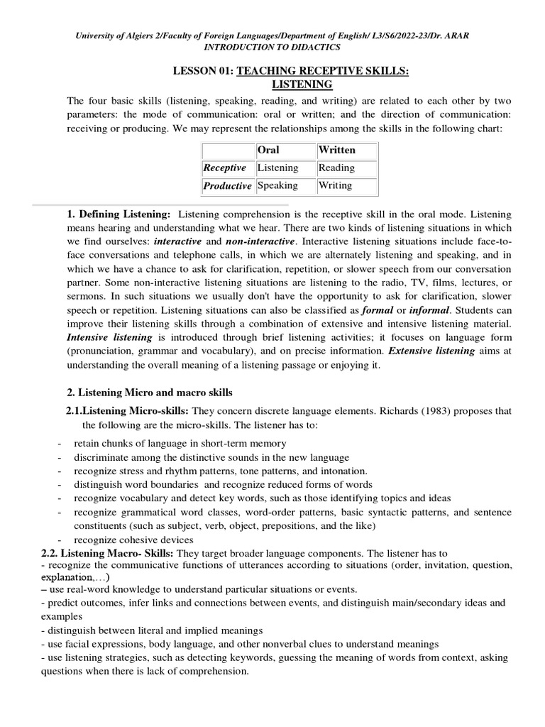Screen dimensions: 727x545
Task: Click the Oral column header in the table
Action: coord(268,151)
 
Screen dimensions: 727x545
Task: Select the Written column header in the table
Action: coord(337,151)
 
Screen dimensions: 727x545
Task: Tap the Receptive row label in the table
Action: coord(224,168)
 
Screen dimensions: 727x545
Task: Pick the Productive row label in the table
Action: coord(227,186)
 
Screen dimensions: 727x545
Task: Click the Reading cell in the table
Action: coord(336,168)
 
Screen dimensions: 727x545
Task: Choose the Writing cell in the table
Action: coord(335,185)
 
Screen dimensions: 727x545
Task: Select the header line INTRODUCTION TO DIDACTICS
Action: coord(272,47)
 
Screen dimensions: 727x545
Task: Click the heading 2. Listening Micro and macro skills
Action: coord(149,393)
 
